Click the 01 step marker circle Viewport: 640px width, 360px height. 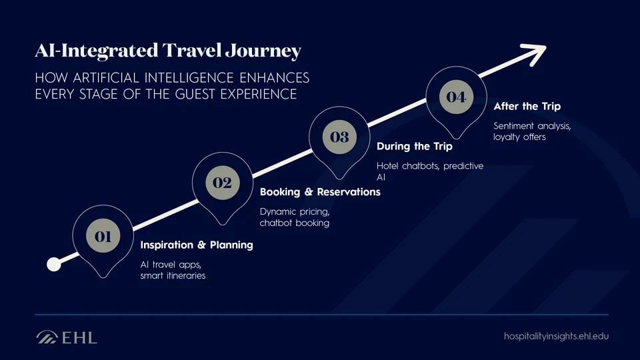pos(103,236)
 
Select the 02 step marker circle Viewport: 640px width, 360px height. pos(223,183)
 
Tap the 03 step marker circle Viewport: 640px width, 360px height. pos(339,137)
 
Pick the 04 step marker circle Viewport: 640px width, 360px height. pos(456,97)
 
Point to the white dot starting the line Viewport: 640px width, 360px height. pos(54,265)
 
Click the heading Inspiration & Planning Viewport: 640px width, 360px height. pos(197,245)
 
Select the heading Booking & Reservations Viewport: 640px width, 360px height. pos(320,192)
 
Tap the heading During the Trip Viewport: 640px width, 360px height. pos(414,146)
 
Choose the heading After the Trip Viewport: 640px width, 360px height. pos(527,106)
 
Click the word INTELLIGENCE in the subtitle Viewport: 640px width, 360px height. pos(189,77)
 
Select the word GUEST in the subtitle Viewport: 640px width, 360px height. pos(195,94)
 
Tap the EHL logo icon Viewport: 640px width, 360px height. pos(47,337)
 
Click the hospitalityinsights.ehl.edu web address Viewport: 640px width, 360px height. pos(556,336)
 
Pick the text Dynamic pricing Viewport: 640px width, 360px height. pos(295,211)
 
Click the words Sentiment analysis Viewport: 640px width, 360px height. pos(532,126)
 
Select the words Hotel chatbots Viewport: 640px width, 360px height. pos(408,166)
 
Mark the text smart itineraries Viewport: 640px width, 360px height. pos(173,275)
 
